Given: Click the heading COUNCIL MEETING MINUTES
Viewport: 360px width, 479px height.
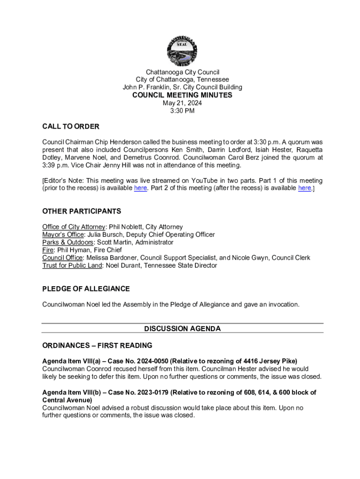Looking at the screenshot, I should (x=182, y=95).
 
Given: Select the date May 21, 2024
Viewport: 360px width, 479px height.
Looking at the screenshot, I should (x=182, y=103).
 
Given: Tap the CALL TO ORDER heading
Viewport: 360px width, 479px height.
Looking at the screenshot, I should (x=71, y=127).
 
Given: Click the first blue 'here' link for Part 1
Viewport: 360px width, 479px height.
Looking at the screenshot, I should (x=140, y=188).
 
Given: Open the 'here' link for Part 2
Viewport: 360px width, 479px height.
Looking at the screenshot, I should (x=304, y=188).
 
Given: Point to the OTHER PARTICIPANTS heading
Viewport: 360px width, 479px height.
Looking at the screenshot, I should (x=82, y=211).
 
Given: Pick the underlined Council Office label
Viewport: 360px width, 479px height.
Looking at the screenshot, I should (x=63, y=258).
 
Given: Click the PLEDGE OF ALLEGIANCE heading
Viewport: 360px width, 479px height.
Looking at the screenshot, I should (x=86, y=289).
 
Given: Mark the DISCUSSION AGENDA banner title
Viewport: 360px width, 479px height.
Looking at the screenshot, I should (x=182, y=328).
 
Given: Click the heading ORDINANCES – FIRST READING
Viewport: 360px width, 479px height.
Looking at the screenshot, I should (x=97, y=345).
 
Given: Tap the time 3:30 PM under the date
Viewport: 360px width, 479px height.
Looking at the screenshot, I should (x=182, y=111).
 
